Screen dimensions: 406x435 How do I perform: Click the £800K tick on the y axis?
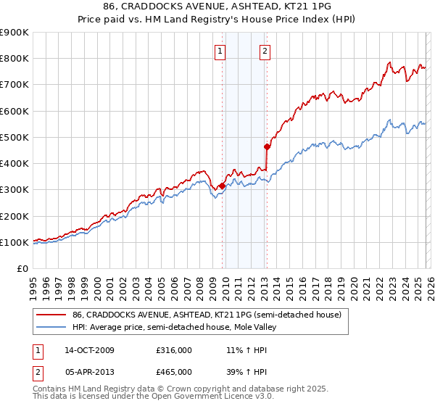pyautogui.click(x=14, y=59)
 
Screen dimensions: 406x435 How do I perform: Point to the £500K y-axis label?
pyautogui.click(x=14, y=137)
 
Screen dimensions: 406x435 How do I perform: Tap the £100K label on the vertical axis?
pyautogui.click(x=14, y=242)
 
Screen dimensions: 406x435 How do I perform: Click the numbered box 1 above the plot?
pyautogui.click(x=220, y=51)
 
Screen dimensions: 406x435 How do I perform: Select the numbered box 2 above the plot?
pyautogui.click(x=265, y=51)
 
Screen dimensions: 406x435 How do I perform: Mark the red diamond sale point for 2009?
pyautogui.click(x=222, y=186)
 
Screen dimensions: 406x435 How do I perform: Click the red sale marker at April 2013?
pyautogui.click(x=267, y=146)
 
